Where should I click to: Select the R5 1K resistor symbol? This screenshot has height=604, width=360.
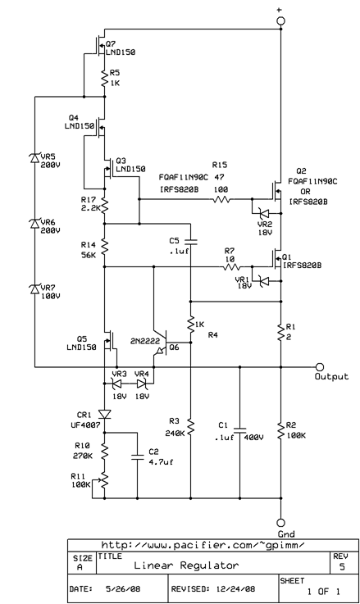click(104, 78)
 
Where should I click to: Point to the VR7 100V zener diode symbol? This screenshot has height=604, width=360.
click(34, 289)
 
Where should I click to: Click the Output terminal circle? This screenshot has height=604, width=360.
click(320, 366)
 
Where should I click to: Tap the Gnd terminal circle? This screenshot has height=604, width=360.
click(280, 522)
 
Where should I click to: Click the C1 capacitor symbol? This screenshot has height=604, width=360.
click(239, 428)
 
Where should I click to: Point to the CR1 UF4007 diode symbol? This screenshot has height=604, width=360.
click(104, 414)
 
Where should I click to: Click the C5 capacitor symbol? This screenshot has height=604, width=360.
click(190, 242)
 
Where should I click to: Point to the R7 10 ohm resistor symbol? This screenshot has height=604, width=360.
click(233, 266)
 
